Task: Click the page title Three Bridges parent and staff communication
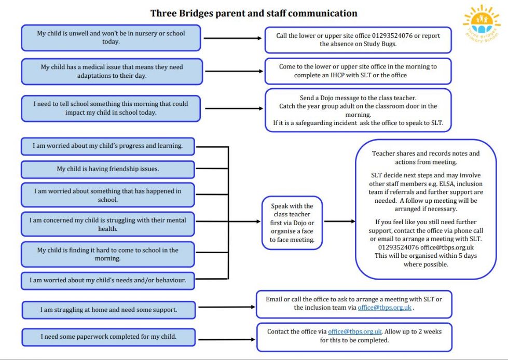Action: tap(254, 13)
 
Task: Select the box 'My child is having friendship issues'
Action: tap(108, 169)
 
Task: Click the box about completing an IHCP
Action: tap(358, 71)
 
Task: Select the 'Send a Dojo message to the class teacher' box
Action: tap(358, 110)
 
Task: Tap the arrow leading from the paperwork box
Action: tap(226, 336)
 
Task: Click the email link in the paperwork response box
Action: tap(355, 331)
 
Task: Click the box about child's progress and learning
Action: tap(108, 146)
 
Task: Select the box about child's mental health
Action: tap(108, 224)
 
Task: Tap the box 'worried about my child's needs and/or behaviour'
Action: tap(108, 281)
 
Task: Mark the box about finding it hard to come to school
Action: tap(108, 254)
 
